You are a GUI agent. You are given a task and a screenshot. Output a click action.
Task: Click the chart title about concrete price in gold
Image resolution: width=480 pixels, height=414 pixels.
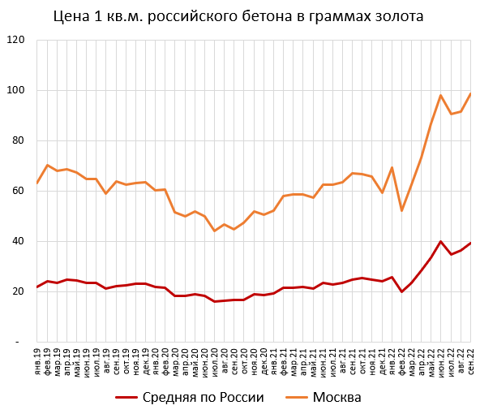point(238,16)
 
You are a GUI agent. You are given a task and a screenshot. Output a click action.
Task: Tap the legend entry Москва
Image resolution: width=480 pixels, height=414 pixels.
point(335,397)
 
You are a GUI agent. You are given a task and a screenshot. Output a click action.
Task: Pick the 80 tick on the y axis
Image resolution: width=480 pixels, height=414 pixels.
point(19,140)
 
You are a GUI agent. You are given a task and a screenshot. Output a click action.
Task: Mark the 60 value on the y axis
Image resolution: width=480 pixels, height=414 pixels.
point(19,191)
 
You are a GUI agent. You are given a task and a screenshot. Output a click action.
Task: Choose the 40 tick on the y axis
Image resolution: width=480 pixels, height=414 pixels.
point(19,241)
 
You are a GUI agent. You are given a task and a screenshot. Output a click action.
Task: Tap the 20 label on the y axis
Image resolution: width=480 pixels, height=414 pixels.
point(19,291)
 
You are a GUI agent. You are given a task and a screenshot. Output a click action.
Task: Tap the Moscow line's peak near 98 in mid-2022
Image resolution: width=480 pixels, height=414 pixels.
point(441,95)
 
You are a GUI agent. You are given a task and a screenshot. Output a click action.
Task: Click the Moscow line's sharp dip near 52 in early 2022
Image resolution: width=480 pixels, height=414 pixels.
point(402,211)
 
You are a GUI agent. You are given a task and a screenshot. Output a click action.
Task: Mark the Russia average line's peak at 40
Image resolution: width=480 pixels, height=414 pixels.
point(441,241)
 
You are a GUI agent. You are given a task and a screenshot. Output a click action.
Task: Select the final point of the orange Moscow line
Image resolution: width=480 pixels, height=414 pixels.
point(470,93)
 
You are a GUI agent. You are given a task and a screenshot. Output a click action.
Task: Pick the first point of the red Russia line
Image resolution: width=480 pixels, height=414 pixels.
point(38,287)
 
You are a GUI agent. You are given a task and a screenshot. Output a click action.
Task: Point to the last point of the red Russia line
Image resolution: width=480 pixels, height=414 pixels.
point(470,244)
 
